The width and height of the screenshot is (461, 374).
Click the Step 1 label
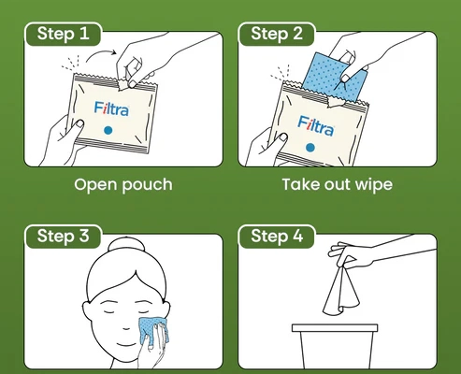point(63,34)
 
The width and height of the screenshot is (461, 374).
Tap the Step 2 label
point(277,34)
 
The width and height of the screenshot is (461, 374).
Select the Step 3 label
point(63,236)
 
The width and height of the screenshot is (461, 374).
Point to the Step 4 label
point(277,236)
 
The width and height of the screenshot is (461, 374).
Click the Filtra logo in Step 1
point(111,108)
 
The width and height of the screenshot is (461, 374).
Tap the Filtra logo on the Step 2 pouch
point(316,126)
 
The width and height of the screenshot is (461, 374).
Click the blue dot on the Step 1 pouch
point(108,130)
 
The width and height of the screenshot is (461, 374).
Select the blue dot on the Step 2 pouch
point(310,148)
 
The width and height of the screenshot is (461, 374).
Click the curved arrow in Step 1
point(100,53)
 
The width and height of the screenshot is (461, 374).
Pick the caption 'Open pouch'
point(123,185)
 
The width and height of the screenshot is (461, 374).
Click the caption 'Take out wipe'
point(338,184)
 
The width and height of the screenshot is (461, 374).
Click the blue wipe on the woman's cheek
point(153,332)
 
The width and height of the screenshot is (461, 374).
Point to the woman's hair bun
point(126,244)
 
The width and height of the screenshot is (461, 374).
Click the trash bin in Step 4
point(335,346)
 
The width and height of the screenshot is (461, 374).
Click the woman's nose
point(126,327)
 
